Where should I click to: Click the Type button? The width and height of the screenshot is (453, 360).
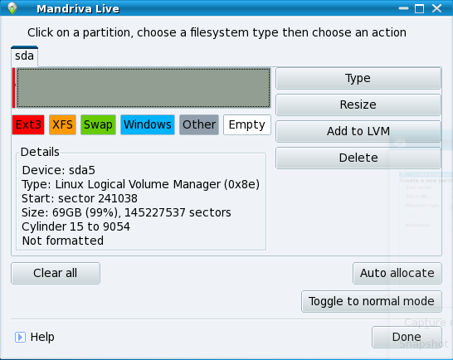[x=358, y=78]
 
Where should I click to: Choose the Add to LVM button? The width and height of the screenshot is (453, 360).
[x=358, y=131]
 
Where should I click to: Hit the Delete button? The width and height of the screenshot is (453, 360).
[x=358, y=158]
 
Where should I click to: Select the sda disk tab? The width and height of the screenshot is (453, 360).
[x=25, y=56]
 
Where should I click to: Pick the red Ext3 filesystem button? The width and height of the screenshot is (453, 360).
[x=28, y=124]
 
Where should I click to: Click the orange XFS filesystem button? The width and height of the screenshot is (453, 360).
[x=62, y=124]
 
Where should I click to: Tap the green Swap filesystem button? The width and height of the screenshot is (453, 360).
[x=98, y=124]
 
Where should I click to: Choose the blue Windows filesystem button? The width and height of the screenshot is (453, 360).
[x=148, y=124]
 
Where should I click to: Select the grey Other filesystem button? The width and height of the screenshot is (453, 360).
[x=199, y=124]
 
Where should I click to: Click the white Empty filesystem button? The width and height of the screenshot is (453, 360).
[x=247, y=124]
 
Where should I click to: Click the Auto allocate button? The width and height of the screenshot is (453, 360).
[x=397, y=273]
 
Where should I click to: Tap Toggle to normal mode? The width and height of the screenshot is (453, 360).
[x=372, y=301]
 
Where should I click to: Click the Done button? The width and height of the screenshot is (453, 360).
[x=407, y=337]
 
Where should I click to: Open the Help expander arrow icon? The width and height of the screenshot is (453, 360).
[x=20, y=337]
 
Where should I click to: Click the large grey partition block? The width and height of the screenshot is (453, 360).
[x=144, y=88]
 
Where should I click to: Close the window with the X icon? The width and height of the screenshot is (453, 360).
[x=436, y=8]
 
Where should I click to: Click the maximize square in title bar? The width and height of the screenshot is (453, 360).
[x=420, y=8]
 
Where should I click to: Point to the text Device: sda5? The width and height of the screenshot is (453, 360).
[x=59, y=170]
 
